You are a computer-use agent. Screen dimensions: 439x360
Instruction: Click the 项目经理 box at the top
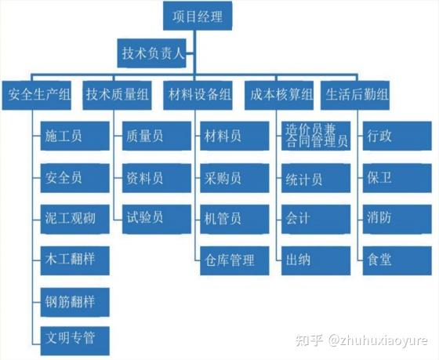coord(198,16)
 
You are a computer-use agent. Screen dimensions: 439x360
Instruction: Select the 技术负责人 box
coord(152,53)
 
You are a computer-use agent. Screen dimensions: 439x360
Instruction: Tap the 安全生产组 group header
coord(36,95)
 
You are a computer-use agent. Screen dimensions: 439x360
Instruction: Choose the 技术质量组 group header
coord(118,95)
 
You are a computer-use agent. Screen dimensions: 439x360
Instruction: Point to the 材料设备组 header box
coord(198,95)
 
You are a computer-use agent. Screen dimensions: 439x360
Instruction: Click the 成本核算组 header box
coord(279,95)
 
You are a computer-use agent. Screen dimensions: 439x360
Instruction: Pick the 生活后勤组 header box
coord(355,95)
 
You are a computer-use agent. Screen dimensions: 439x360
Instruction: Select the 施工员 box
coord(75,136)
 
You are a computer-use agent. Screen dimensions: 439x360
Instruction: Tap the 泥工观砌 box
coord(75,219)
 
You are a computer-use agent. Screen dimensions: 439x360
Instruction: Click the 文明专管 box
coord(75,340)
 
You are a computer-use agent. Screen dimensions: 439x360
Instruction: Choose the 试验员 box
coord(157,219)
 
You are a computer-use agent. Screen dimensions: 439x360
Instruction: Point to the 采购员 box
coord(234,178)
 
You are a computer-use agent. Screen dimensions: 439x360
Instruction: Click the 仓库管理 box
coord(234,260)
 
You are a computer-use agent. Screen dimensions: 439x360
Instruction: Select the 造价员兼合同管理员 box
coord(316,136)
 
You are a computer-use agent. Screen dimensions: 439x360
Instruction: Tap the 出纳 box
coord(316,260)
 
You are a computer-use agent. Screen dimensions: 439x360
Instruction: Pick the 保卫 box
coord(397,178)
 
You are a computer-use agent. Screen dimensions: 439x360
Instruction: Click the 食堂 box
coord(397,260)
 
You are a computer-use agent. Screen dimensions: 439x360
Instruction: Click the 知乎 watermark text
coord(310,340)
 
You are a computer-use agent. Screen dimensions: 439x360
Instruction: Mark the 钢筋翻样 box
coord(75,302)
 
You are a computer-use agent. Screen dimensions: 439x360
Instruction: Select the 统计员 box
coord(316,178)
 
